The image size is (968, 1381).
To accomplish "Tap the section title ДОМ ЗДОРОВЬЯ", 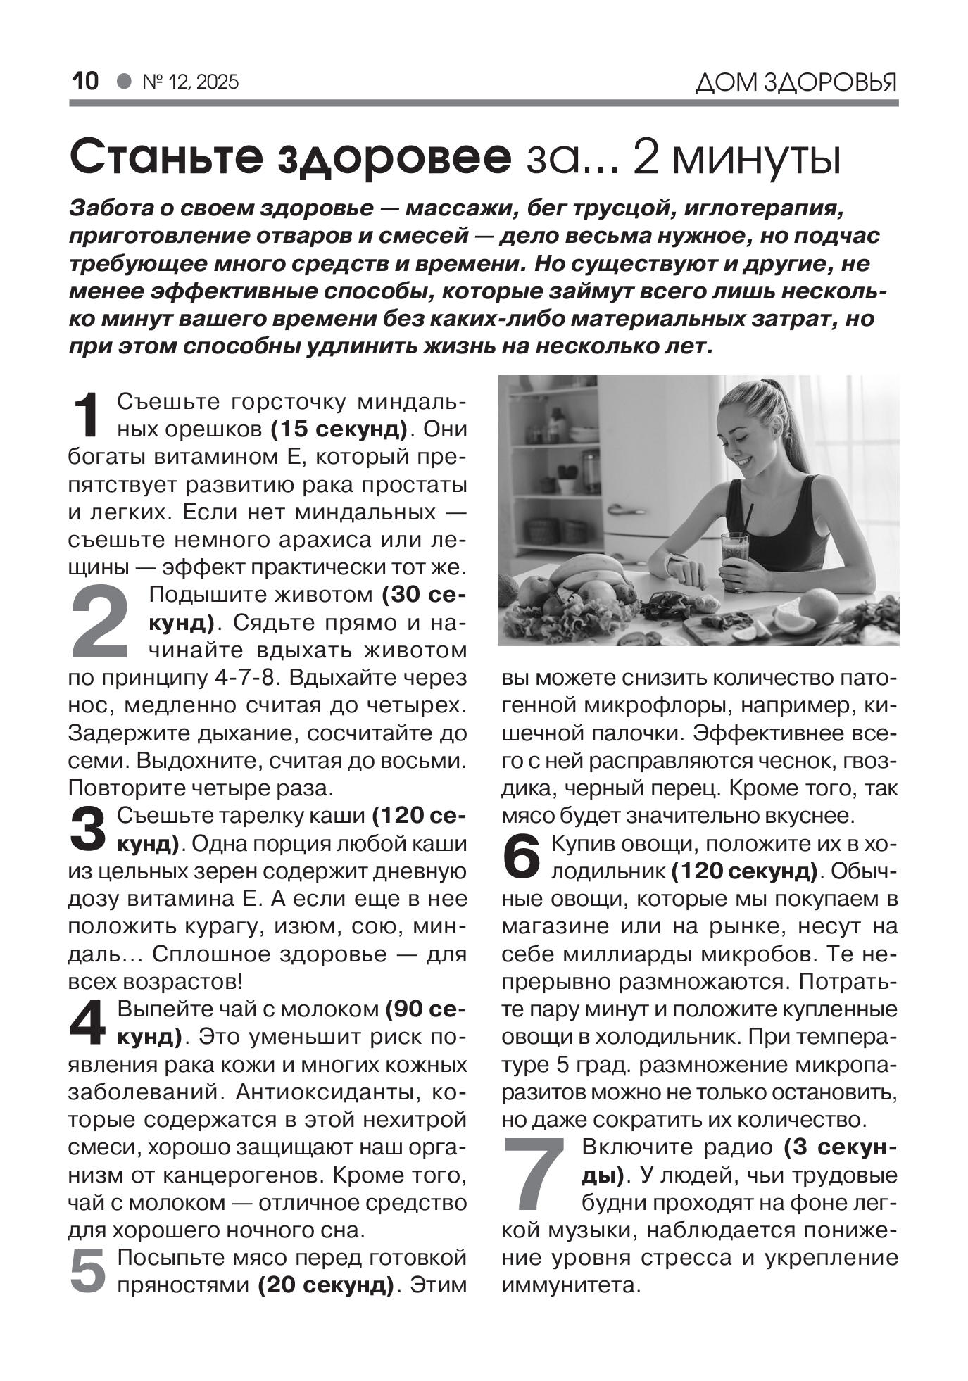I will coord(796,83).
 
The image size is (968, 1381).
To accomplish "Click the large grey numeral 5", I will coord(88,1271).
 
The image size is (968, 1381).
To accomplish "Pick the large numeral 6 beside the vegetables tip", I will coord(522,857).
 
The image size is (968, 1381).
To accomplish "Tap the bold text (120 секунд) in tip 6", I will coord(745,871).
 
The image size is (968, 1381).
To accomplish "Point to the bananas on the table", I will coord(590,569).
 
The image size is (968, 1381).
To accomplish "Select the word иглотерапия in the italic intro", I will coord(763,209).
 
